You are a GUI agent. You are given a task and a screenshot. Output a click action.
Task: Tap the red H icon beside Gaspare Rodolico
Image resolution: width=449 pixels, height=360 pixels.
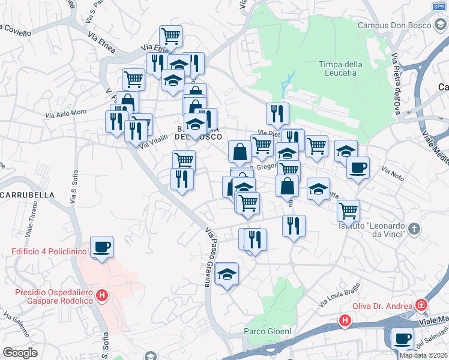[x=103, y=295]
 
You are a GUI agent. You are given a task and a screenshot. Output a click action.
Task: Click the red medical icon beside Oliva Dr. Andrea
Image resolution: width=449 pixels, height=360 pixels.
[x=421, y=305]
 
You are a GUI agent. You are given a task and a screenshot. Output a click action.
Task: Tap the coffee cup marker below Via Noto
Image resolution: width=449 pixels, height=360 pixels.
[x=358, y=168]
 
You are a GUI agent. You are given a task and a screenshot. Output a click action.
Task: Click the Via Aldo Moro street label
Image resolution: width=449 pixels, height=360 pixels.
[x=66, y=113]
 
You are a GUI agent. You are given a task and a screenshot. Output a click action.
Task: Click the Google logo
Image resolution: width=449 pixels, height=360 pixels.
[x=20, y=352]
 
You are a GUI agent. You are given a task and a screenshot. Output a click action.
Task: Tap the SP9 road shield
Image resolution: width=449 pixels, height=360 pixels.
[x=438, y=7]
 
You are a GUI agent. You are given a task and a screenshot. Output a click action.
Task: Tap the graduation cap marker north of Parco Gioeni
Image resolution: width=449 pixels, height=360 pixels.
[x=227, y=274]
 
